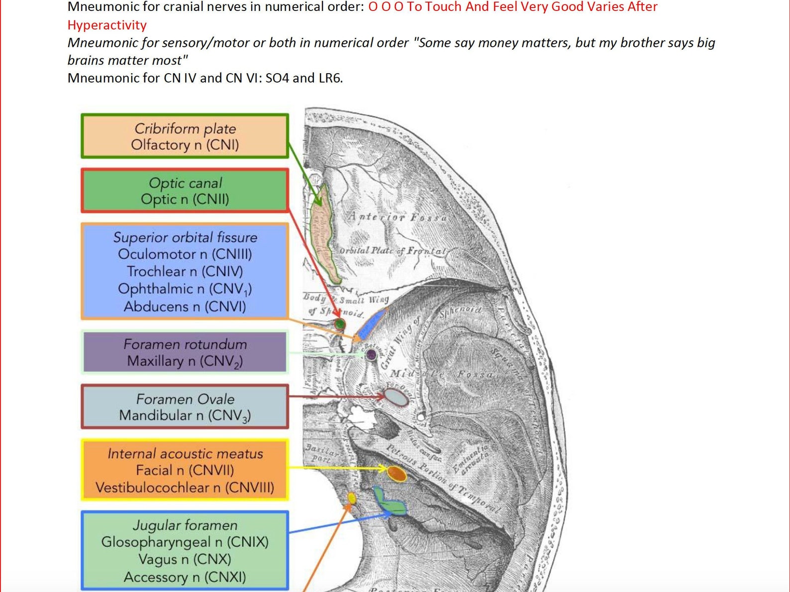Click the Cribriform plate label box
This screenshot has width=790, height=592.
(x=185, y=136)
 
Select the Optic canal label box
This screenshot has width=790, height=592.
(x=185, y=191)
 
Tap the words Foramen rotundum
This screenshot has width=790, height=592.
(x=185, y=344)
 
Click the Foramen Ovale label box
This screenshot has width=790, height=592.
(x=185, y=406)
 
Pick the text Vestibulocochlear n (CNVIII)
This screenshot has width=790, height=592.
(x=185, y=488)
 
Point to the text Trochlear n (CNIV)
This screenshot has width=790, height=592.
(x=185, y=272)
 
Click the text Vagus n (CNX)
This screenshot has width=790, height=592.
(x=185, y=559)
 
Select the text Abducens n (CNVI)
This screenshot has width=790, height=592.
(x=185, y=306)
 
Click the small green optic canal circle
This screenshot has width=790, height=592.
(x=340, y=324)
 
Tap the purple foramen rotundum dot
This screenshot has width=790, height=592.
(x=371, y=355)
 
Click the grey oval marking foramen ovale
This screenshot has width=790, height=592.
(x=397, y=397)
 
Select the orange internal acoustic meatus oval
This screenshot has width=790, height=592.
(x=397, y=474)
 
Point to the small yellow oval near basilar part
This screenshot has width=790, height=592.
(x=352, y=497)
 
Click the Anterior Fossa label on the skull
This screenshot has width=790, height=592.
(x=397, y=217)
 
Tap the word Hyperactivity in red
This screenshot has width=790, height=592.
(x=107, y=25)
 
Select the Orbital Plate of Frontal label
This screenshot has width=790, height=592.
(x=393, y=251)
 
